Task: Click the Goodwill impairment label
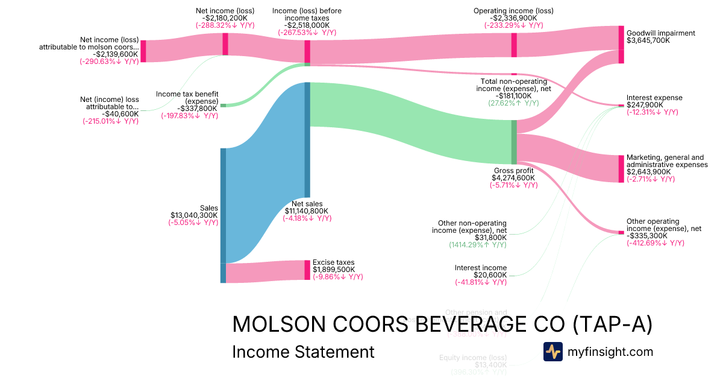(660, 33)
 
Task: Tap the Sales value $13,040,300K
(195, 215)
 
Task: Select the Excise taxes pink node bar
(307, 270)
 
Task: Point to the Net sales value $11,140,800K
(307, 211)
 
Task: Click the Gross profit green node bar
(514, 142)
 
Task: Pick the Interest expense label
(654, 98)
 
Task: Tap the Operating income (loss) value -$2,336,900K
(513, 18)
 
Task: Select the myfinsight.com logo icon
(552, 352)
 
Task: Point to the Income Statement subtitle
(303, 352)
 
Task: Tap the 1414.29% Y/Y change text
(478, 245)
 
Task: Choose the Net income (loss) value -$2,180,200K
(225, 18)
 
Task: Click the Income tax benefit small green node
(223, 106)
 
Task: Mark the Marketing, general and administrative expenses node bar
(621, 169)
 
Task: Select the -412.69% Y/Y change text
(655, 243)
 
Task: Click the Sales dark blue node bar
(223, 205)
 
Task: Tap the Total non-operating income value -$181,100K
(514, 95)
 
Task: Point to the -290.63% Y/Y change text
(110, 62)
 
